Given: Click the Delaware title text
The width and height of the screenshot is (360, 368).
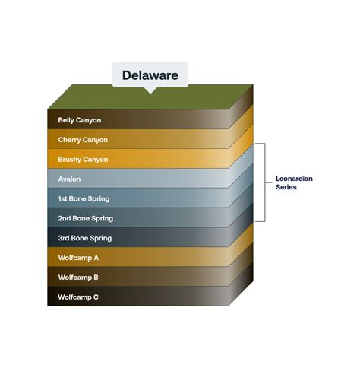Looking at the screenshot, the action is pyautogui.click(x=150, y=75).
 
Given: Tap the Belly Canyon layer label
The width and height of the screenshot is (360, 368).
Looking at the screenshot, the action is pyautogui.click(x=80, y=120).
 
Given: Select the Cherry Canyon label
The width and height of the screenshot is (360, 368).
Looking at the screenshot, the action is pyautogui.click(x=83, y=140).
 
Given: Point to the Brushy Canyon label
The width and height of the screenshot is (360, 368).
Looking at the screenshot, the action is pyautogui.click(x=83, y=160).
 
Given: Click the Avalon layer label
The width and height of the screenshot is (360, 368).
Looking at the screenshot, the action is pyautogui.click(x=69, y=179).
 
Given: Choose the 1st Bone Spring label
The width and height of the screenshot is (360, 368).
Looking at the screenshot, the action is pyautogui.click(x=84, y=199).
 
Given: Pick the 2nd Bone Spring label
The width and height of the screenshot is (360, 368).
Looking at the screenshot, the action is pyautogui.click(x=86, y=218).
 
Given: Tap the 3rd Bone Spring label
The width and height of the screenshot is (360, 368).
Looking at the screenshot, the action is pyautogui.click(x=85, y=238).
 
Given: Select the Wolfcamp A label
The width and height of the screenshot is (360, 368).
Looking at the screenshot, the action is pyautogui.click(x=78, y=258).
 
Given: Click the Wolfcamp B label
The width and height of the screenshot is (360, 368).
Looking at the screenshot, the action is pyautogui.click(x=78, y=278).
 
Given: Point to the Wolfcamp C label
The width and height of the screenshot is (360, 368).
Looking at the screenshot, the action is pyautogui.click(x=78, y=297).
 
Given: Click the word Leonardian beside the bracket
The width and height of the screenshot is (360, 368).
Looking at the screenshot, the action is pyautogui.click(x=294, y=179).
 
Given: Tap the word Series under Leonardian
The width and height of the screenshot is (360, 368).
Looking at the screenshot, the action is pyautogui.click(x=286, y=187).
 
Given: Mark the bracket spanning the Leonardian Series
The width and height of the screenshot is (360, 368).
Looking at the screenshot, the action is pyautogui.click(x=265, y=182).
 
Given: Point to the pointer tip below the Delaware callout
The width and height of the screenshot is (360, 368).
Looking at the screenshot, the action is pyautogui.click(x=150, y=94).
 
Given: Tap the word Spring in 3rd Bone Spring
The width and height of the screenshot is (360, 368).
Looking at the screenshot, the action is pyautogui.click(x=101, y=239).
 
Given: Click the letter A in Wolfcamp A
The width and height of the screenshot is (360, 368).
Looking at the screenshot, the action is pyautogui.click(x=96, y=258).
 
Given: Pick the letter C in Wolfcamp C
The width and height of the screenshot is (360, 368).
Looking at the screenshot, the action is pyautogui.click(x=96, y=297).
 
